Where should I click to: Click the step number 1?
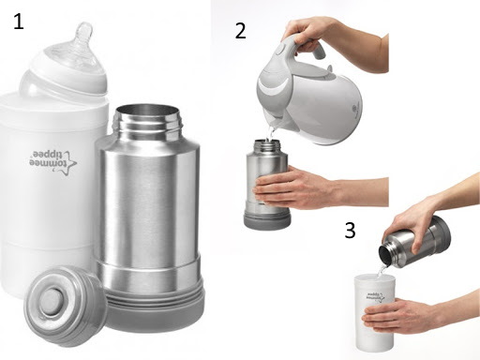(19, 22)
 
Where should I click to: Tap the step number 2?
(240, 31)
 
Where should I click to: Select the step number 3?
(350, 231)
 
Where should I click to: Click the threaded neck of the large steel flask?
(147, 121)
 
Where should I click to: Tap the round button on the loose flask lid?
(52, 301)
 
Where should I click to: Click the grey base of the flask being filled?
(267, 220)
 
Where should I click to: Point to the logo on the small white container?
(375, 297)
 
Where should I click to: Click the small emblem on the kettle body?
(355, 110)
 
